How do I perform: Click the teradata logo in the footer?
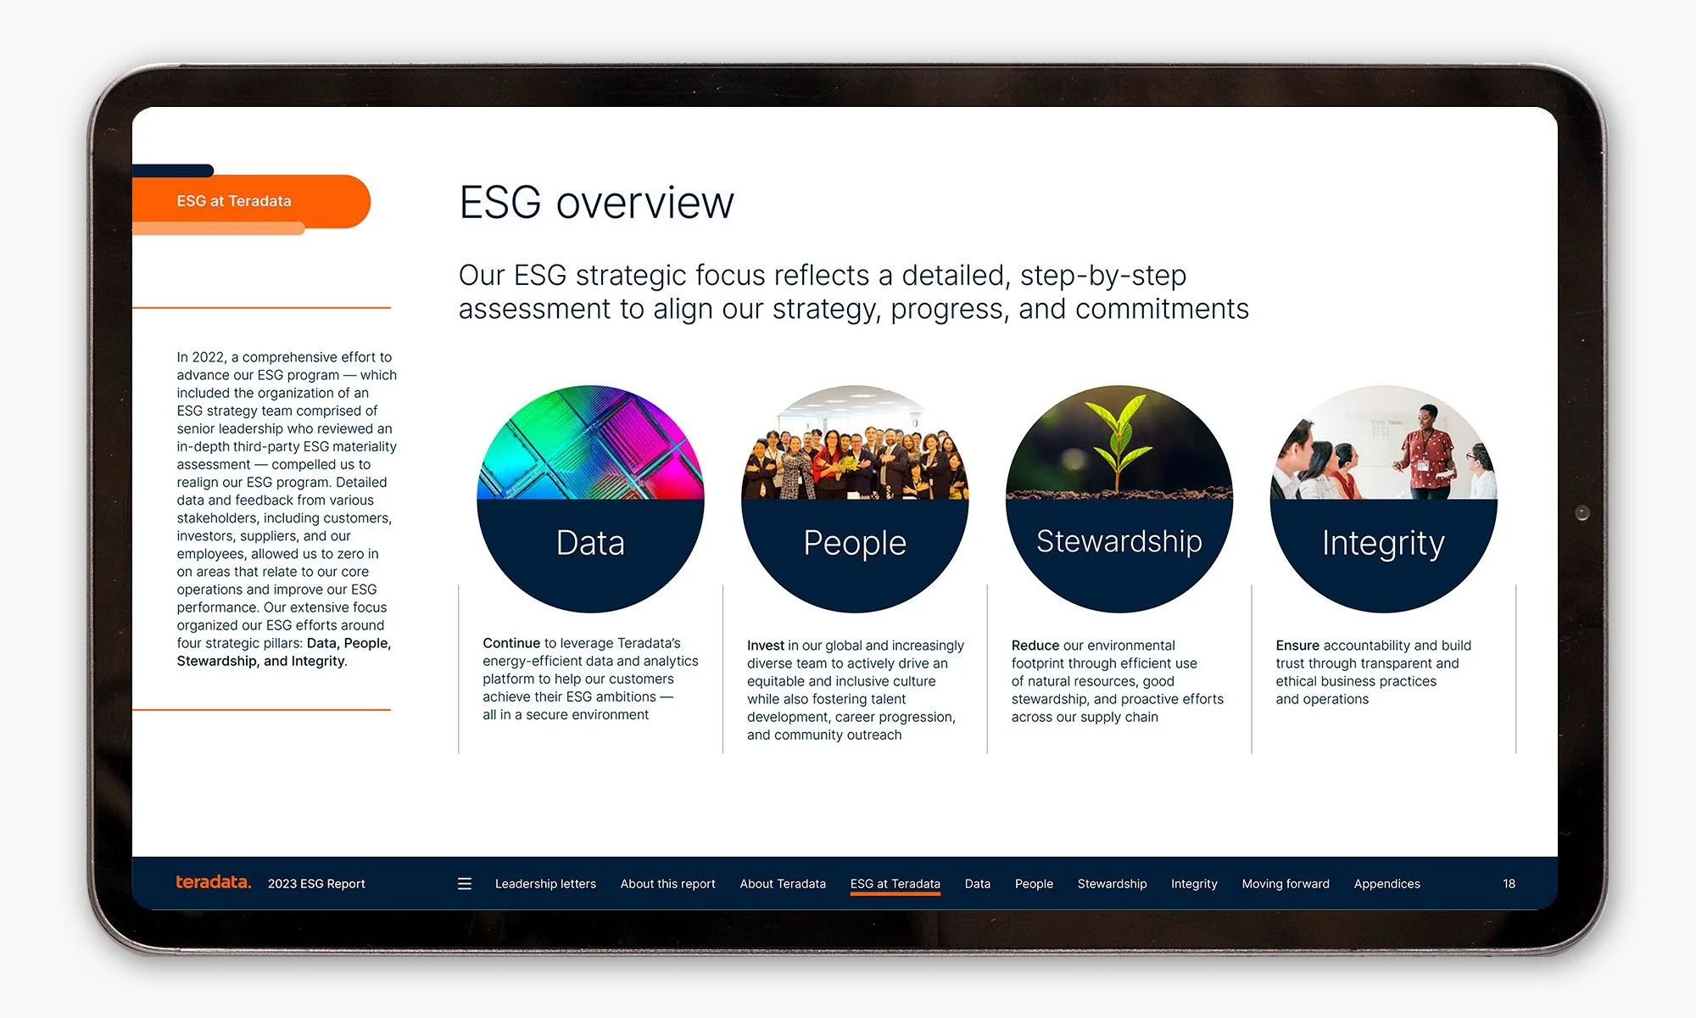213,882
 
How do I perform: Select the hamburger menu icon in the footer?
465,884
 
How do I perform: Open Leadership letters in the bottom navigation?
545,884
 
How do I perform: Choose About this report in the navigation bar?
667,884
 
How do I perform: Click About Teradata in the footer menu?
782,884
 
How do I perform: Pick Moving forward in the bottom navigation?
1285,884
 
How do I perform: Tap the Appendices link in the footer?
1386,884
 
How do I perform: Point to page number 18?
1509,884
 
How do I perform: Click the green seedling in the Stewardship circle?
1119,441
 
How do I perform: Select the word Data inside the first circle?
590,543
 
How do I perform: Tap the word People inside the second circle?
855,543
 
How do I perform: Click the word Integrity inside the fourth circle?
1383,543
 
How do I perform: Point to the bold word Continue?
511,643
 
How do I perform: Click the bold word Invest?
765,646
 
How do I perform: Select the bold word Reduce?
1035,646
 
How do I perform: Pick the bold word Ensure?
1297,646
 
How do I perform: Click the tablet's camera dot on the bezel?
1582,512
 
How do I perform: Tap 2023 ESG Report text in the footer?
316,884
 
